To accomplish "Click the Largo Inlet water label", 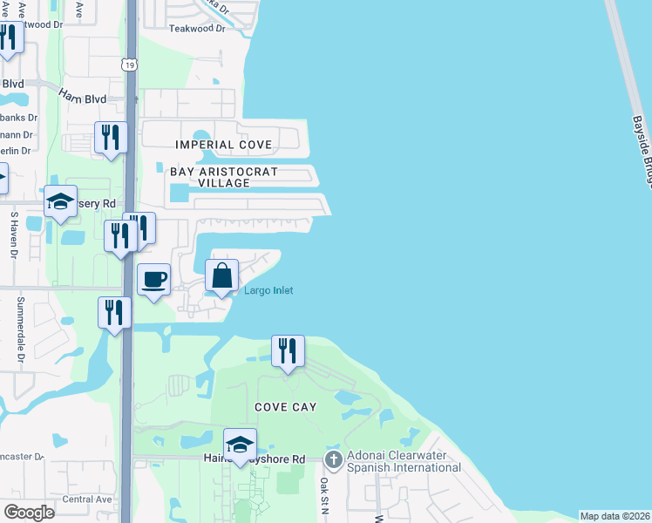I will (268, 290).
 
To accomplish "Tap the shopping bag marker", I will (222, 276).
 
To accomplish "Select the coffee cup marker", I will (153, 280).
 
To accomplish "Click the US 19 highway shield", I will (128, 64).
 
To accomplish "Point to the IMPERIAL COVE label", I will (224, 145).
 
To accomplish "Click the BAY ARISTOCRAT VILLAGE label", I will (223, 178).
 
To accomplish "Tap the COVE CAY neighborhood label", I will (285, 407).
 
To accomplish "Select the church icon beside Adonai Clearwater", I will (332, 458).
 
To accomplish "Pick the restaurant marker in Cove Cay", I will (288, 351).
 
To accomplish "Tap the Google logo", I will (29, 512).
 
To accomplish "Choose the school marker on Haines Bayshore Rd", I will (240, 445).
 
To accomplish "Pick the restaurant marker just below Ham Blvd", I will (111, 138).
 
